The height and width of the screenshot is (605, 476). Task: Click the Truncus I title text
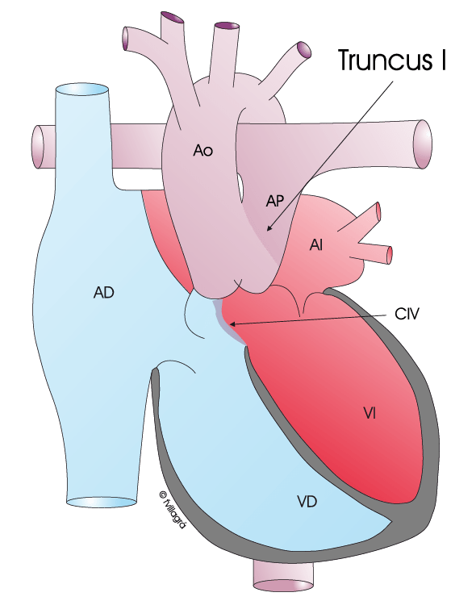[x=392, y=60]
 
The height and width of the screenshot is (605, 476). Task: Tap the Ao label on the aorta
[x=203, y=151]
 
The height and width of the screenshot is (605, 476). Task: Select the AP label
[x=275, y=201]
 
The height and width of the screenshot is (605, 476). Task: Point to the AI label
[x=316, y=245]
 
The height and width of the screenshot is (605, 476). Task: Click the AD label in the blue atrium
[x=104, y=293]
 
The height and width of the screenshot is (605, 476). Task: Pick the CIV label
[x=407, y=314]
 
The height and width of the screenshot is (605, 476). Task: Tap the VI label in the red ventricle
[x=370, y=414]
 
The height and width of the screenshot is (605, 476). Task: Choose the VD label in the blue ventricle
[x=307, y=502]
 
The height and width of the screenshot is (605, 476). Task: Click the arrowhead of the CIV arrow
[x=233, y=324]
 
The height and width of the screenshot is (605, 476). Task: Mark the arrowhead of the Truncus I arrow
[x=269, y=227]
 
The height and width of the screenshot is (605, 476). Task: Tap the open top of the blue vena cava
[x=81, y=90]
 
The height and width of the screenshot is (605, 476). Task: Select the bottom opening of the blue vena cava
[x=102, y=502]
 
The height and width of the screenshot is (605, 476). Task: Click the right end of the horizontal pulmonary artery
[x=422, y=144]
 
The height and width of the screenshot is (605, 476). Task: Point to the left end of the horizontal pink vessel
[x=39, y=146]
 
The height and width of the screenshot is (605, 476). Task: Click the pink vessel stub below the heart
[x=282, y=580]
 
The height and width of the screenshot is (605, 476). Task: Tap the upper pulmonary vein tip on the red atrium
[x=378, y=211]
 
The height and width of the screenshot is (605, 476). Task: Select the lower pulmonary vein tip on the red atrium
[x=389, y=255]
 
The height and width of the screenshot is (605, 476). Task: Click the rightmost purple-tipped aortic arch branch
[x=304, y=50]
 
